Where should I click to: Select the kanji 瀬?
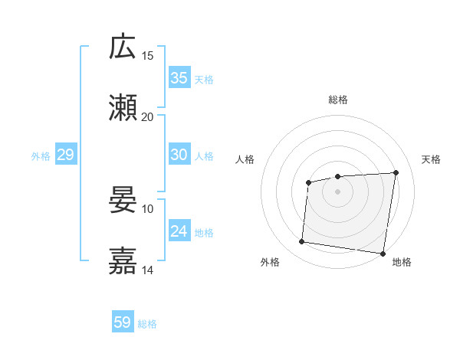(123, 108)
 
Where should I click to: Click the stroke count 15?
(147, 56)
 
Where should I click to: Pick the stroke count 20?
(147, 117)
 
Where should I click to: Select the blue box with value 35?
(179, 78)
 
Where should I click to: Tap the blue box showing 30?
(179, 155)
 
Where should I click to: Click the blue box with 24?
(179, 231)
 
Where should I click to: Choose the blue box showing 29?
(65, 155)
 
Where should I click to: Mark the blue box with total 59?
(123, 322)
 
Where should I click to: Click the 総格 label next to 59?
(147, 324)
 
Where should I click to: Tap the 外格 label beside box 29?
(41, 156)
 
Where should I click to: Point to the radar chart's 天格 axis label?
(431, 159)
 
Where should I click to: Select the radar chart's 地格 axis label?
(402, 262)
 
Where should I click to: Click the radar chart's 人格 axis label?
(245, 159)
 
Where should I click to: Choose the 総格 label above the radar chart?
(337, 100)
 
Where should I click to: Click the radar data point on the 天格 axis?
(396, 172)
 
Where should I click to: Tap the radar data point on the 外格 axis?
(302, 242)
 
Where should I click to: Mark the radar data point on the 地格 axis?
(382, 254)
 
